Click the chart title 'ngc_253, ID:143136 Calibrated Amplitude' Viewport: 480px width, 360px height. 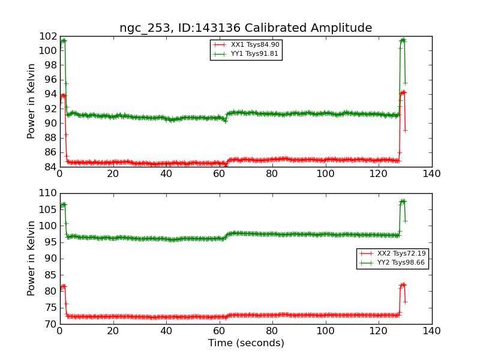click(245, 28)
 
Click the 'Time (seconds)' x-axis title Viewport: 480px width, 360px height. click(246, 343)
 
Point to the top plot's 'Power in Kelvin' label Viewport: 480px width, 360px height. click(32, 101)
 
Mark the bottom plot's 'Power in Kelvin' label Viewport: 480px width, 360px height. click(32, 258)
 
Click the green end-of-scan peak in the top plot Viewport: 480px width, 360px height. click(403, 40)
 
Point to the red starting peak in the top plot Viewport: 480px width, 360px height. click(63, 95)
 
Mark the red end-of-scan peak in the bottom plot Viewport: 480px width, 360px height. click(403, 284)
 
